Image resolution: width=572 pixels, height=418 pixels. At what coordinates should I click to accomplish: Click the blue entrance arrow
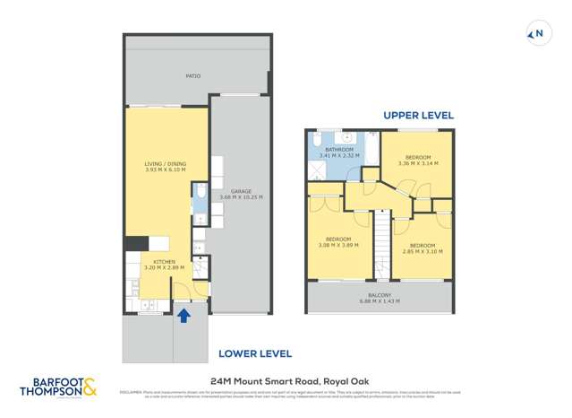tap(184, 315)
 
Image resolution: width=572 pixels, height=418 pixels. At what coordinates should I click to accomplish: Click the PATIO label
tap(192, 76)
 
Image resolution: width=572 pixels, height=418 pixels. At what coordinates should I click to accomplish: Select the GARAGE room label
tap(240, 190)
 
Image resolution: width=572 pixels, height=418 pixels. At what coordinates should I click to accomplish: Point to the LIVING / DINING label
tap(166, 164)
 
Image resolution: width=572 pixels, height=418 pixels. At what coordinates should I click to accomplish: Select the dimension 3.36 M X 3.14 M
tap(416, 163)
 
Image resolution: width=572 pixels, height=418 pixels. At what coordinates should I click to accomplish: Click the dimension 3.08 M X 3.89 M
tap(338, 245)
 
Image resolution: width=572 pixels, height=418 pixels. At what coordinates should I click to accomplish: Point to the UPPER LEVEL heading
tap(418, 116)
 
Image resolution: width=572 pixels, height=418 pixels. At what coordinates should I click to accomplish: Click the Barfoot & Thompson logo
tap(57, 387)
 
